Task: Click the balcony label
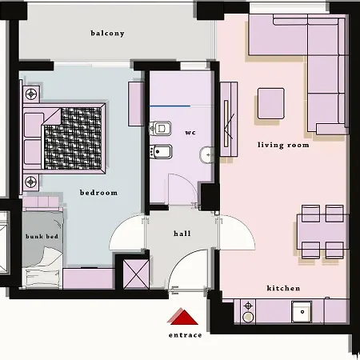[x=107, y=34]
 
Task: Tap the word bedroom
[x=98, y=193]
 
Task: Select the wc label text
[x=190, y=132]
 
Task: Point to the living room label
[x=282, y=145]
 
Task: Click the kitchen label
[x=283, y=288]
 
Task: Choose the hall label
[x=182, y=234]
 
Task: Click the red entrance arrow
[x=183, y=318]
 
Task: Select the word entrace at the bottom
[x=185, y=335]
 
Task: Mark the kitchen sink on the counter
[x=302, y=310]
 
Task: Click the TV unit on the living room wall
[x=230, y=120]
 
